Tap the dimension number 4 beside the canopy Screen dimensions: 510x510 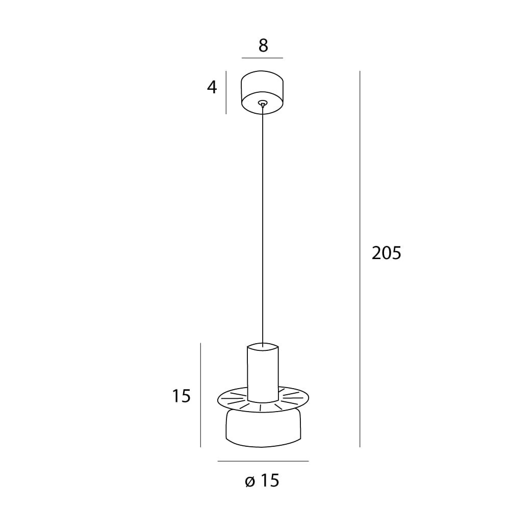click(212, 87)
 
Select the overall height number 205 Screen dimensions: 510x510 click(387, 253)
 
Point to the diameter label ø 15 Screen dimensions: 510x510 click(262, 480)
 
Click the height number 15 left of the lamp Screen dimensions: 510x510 click(181, 396)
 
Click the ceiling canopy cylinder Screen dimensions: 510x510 click(262, 93)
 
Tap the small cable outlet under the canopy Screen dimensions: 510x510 click(262, 104)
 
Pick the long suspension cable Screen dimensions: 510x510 click(263, 224)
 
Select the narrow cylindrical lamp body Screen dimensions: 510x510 click(263, 372)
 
